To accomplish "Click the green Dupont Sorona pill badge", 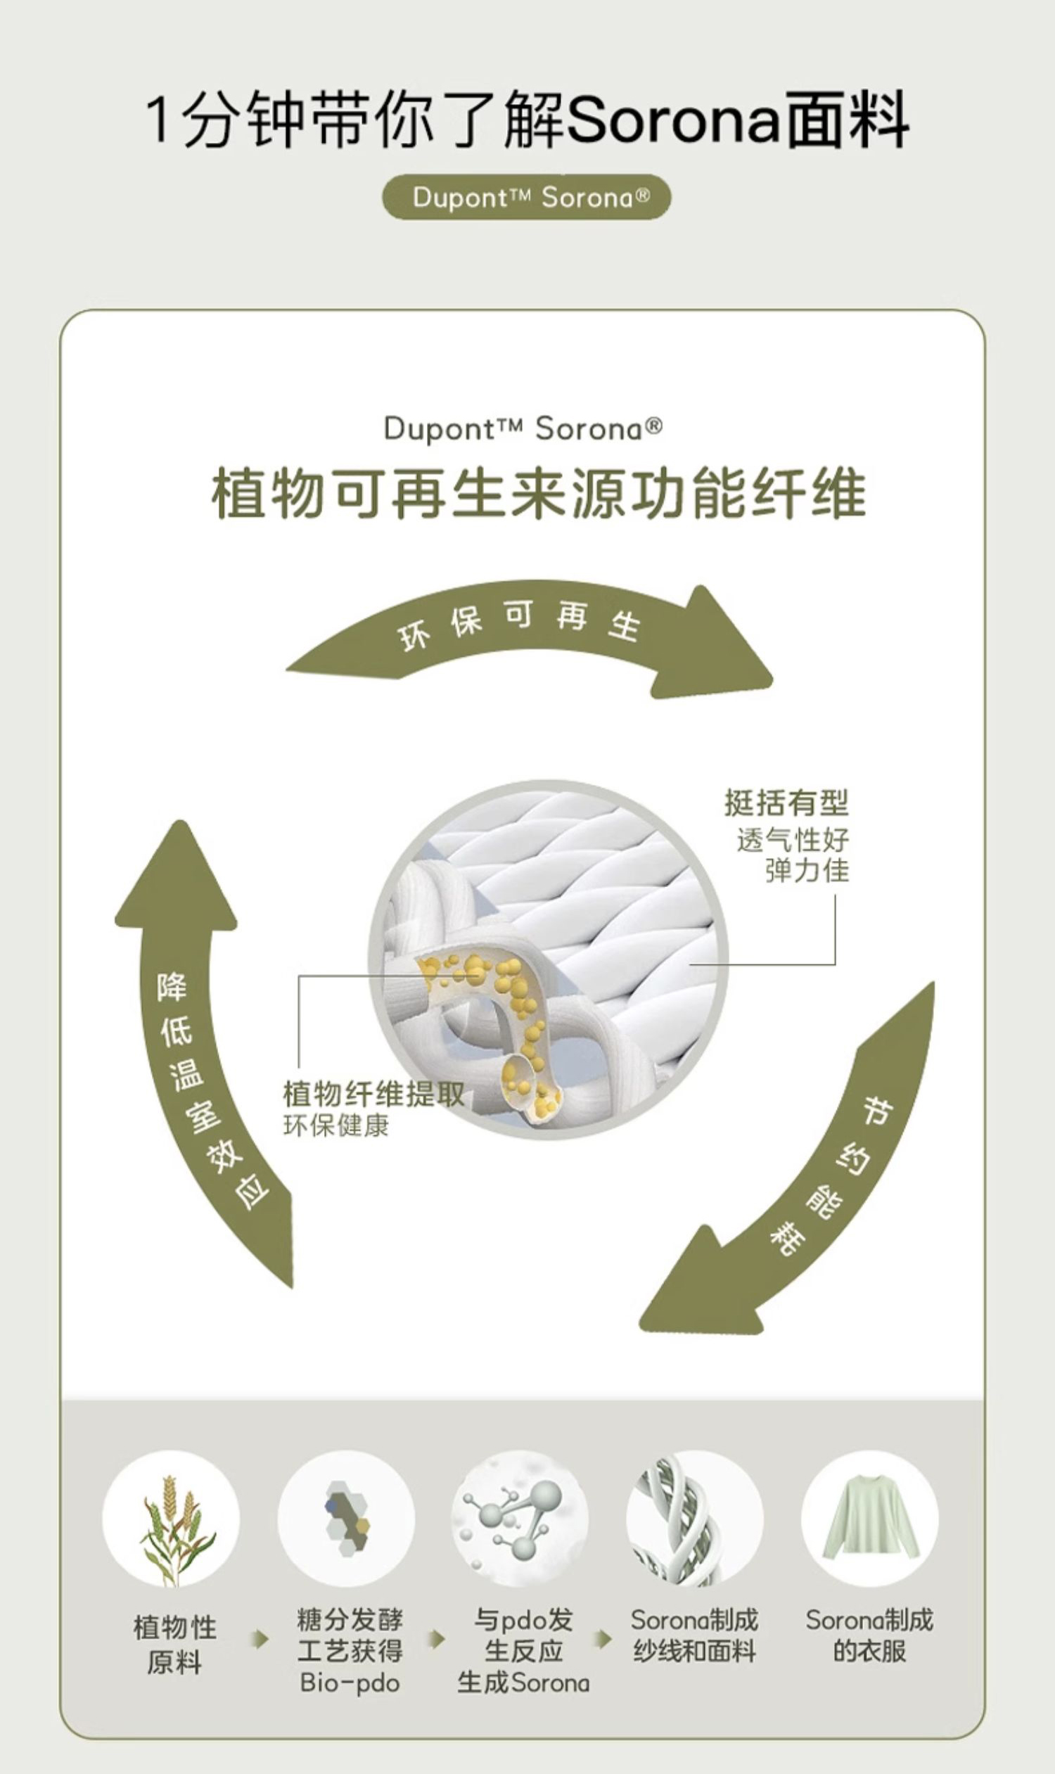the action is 526,197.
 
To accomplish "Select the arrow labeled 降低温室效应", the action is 199,1052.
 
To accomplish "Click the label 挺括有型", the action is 786,803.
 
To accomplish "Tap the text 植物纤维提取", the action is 373,1094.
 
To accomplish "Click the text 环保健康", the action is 335,1125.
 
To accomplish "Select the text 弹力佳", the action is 807,870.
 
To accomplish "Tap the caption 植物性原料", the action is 174,1644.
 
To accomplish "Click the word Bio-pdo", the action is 349,1682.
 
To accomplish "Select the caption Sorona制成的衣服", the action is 869,1635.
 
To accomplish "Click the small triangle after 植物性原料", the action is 262,1640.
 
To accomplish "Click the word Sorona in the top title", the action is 672,121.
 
